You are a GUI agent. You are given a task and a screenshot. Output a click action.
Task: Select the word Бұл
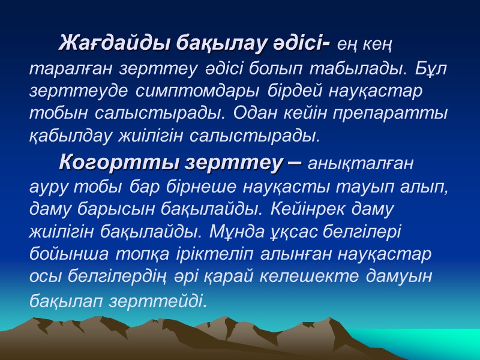click(431, 68)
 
